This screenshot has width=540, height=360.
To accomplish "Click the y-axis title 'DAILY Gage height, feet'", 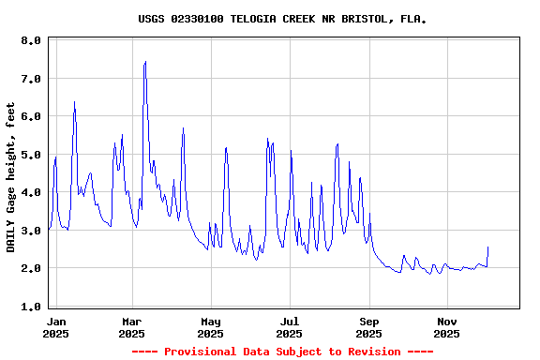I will click(11, 175).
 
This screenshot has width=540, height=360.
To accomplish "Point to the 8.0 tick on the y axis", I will click(31, 41).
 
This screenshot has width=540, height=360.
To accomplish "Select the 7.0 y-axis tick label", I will click(31, 79).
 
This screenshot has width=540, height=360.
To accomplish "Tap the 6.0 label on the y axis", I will click(31, 117).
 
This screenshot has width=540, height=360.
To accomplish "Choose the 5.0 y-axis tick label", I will click(31, 155).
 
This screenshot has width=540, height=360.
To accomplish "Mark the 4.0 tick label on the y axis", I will click(31, 192).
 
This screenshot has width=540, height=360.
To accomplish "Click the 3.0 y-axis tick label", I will click(31, 231).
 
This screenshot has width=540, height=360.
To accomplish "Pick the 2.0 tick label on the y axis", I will click(31, 268).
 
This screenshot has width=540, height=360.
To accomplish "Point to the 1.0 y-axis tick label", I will click(31, 307).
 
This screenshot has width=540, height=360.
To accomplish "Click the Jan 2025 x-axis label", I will click(55, 327).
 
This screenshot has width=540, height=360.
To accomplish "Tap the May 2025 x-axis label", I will click(211, 327).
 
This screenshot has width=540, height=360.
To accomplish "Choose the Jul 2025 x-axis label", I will click(290, 327).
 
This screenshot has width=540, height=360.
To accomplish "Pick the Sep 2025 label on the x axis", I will click(369, 327).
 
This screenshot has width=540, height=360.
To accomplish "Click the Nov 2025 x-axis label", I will click(448, 327).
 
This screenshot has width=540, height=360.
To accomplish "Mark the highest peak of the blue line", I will click(145, 62).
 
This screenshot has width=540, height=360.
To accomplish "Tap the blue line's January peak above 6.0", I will click(74, 102).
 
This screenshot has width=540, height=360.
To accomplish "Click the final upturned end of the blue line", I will click(487, 247).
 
